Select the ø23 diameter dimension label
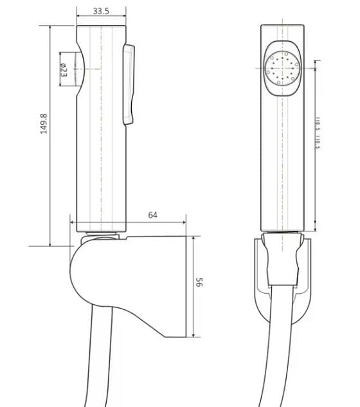[64, 68]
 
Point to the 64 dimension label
[153, 215]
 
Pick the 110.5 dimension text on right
[318, 134]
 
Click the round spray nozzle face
[280, 67]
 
